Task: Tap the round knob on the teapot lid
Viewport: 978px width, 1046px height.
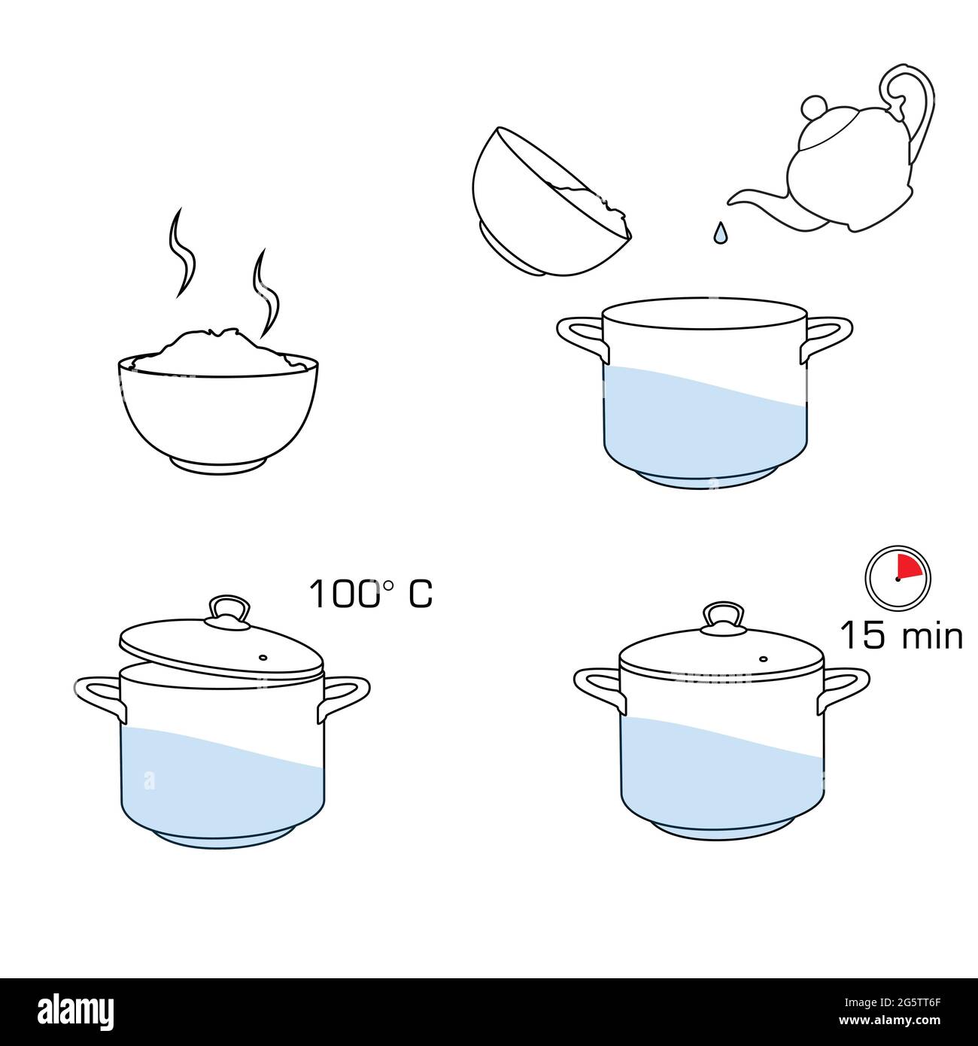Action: point(813,108)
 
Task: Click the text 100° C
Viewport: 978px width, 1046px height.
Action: point(371,594)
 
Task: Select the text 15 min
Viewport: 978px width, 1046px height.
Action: point(901,635)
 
